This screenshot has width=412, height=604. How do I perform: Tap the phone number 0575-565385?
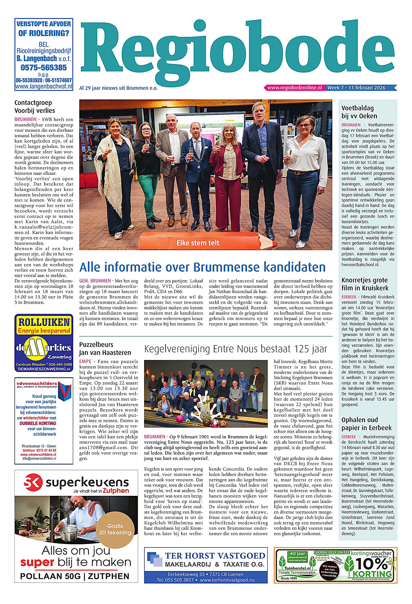(x=44, y=68)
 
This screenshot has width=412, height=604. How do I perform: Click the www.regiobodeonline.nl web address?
(x=294, y=88)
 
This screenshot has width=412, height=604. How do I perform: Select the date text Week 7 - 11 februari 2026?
(x=356, y=88)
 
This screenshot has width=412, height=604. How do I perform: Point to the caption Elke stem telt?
(x=198, y=243)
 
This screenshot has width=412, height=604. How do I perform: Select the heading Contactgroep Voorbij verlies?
(x=35, y=106)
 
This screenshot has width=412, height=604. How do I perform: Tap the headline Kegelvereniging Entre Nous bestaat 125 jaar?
(x=235, y=349)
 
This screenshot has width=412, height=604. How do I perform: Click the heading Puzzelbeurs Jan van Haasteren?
(x=105, y=349)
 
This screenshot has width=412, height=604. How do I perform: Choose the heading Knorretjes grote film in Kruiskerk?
(x=365, y=284)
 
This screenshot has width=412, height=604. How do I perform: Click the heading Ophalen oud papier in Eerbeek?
(x=366, y=424)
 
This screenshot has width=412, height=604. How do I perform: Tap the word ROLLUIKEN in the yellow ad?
(x=44, y=322)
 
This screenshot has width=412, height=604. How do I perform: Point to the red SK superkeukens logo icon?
(x=31, y=483)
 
